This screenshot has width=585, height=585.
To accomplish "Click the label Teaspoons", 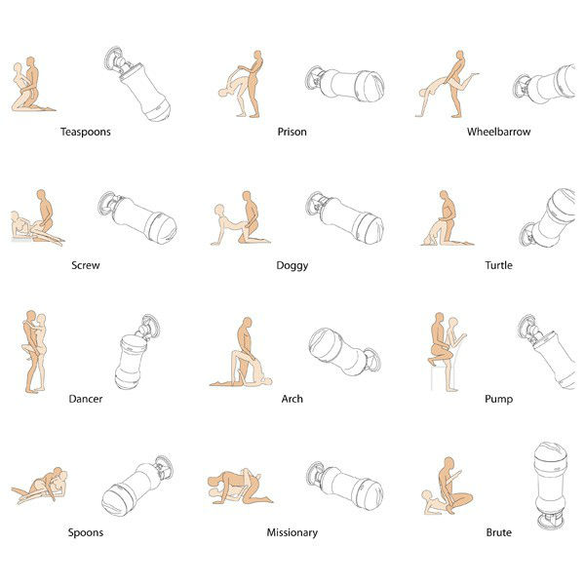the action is coord(86,132).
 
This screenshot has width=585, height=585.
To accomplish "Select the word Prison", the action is coord(292,132).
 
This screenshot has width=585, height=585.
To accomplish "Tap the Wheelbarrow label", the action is coord(499,132).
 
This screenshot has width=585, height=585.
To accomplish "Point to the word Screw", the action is coord(86,265).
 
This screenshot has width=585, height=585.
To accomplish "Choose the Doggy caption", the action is coord(292,266).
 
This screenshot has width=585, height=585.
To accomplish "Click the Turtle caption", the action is coord(499,265).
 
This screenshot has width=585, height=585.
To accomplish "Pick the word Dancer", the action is coord(86,399).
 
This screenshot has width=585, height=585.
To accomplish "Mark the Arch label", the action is coord(292,399).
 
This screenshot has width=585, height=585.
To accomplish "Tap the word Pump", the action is coord(499,400).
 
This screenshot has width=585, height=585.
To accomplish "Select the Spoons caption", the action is coord(86,533).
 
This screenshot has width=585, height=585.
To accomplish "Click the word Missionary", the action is coord(292,533).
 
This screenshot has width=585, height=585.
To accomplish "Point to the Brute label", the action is coord(499,532).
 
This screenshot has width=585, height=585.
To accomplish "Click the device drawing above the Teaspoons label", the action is coord(137,84).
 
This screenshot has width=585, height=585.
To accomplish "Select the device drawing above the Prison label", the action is coord(345,84).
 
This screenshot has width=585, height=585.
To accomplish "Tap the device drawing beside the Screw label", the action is coord(137,217).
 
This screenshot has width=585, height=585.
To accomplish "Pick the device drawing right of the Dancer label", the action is coord(136,352).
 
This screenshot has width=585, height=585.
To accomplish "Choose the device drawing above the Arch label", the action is coord(345,352).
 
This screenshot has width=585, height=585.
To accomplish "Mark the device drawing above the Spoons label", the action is coord(137,486).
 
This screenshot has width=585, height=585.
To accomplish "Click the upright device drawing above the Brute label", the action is coord(551,486).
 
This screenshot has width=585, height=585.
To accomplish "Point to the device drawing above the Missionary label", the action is coord(345,486).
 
